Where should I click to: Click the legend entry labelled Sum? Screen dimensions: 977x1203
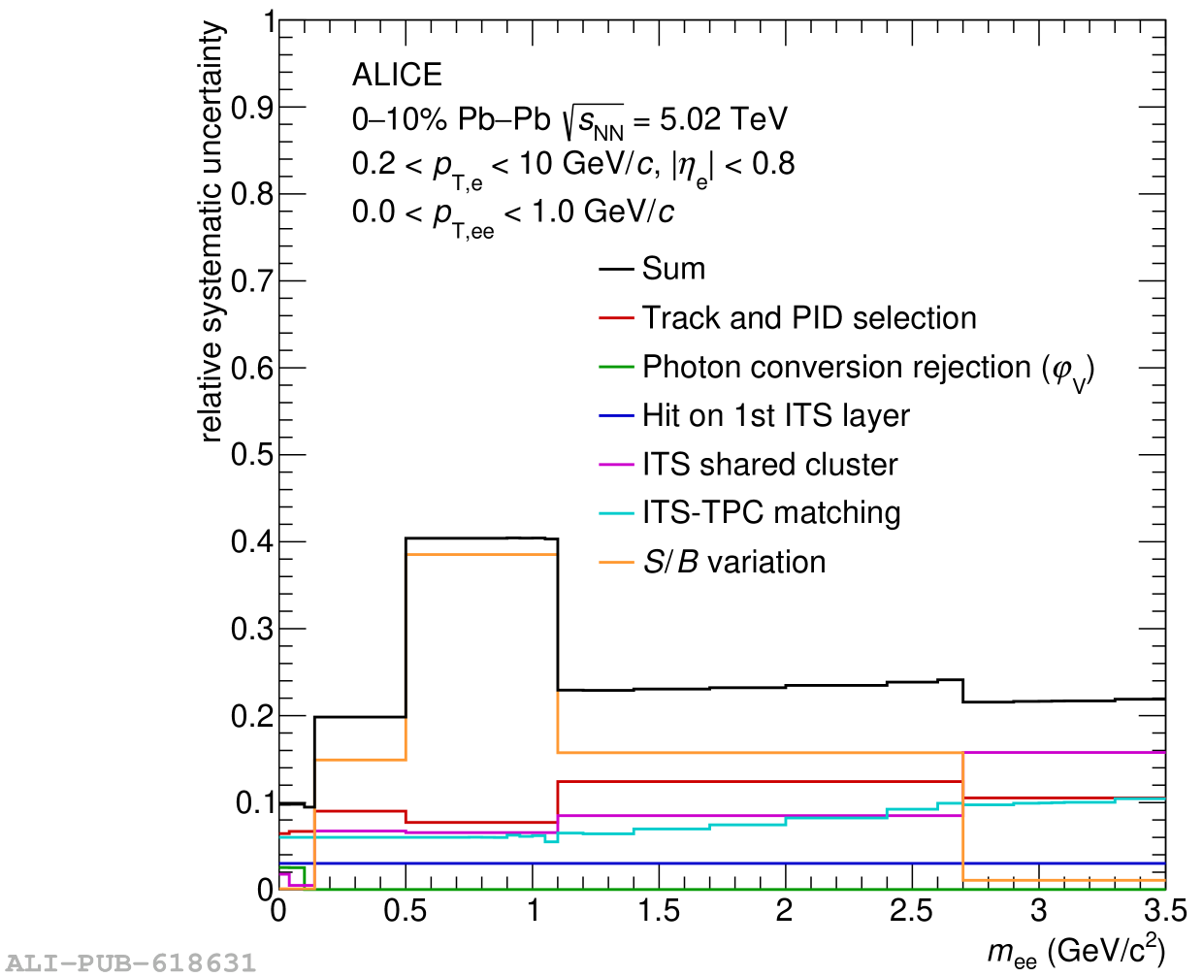pyautogui.click(x=673, y=269)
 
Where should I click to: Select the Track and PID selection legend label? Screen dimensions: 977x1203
pyautogui.click(x=809, y=318)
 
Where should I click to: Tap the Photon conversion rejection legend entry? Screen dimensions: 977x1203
pyautogui.click(x=868, y=368)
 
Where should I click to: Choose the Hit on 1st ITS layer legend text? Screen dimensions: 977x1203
pyautogui.click(x=775, y=416)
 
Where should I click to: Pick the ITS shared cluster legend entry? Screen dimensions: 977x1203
pyautogui.click(x=769, y=465)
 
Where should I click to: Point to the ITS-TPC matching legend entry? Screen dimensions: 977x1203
pyautogui.click(x=771, y=513)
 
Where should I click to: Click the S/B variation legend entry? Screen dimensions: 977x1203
pyautogui.click(x=734, y=563)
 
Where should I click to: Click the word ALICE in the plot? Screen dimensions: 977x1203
pyautogui.click(x=397, y=75)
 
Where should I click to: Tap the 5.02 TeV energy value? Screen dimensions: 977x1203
pyautogui.click(x=723, y=119)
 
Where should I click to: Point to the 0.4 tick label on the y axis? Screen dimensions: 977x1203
pyautogui.click(x=252, y=541)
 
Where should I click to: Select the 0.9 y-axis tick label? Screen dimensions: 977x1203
pyautogui.click(x=252, y=108)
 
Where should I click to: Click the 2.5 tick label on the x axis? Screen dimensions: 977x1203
pyautogui.click(x=911, y=911)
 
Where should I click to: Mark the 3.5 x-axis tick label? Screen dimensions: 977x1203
pyautogui.click(x=1164, y=911)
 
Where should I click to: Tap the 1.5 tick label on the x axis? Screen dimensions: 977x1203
pyautogui.click(x=658, y=911)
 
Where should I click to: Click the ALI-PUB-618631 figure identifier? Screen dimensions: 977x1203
pyautogui.click(x=130, y=963)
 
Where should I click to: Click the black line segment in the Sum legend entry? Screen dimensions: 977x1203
pyautogui.click(x=616, y=269)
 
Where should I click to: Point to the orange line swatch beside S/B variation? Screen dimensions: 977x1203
pyautogui.click(x=616, y=563)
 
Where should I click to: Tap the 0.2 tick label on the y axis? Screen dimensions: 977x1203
pyautogui.click(x=252, y=716)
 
